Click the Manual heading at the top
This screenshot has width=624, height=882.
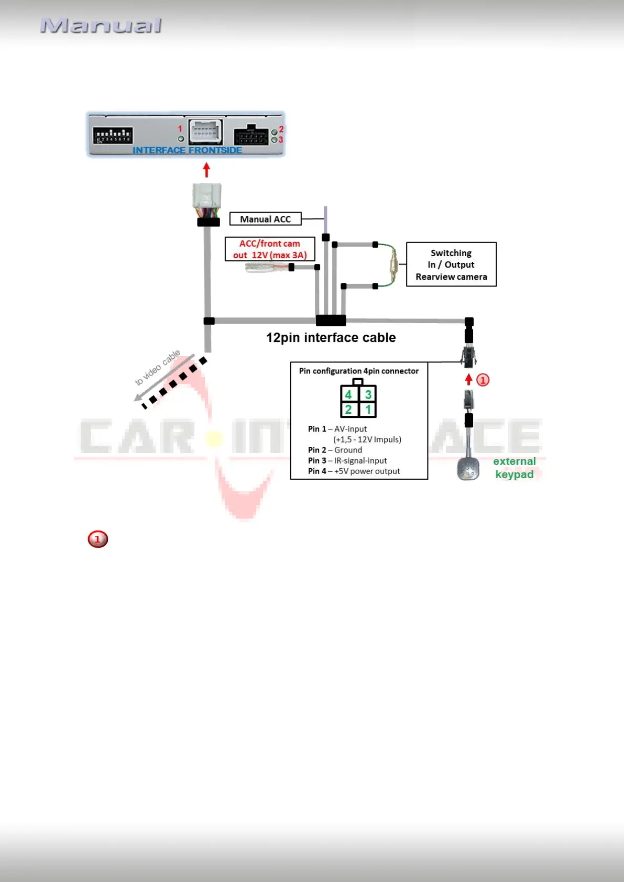pos(101,26)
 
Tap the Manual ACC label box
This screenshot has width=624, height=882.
pos(265,219)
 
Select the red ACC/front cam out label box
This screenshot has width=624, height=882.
pos(270,249)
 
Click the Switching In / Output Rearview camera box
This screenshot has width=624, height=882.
pos(451,264)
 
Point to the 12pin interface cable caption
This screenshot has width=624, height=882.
pos(331,338)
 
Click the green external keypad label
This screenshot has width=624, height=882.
pos(514,468)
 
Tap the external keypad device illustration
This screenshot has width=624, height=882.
pos(468,469)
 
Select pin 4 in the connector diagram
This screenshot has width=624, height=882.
pos(348,394)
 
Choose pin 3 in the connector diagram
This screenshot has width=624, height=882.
pos(368,394)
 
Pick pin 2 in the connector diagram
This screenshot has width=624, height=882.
pos(348,410)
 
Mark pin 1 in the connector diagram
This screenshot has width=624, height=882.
pos(368,410)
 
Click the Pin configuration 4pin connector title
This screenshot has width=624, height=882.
pos(359,371)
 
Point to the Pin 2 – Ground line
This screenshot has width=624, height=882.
pos(335,450)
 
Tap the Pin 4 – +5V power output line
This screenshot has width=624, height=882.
pos(354,471)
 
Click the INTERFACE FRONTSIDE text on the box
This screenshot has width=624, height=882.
pos(187,150)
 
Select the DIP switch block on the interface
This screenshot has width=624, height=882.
pos(113,135)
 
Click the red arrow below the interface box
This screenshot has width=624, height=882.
pos(206,170)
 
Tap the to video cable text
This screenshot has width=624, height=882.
pos(157,367)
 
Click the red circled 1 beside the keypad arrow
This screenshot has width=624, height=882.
pos(483,380)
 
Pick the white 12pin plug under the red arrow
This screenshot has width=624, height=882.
pos(207,196)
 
